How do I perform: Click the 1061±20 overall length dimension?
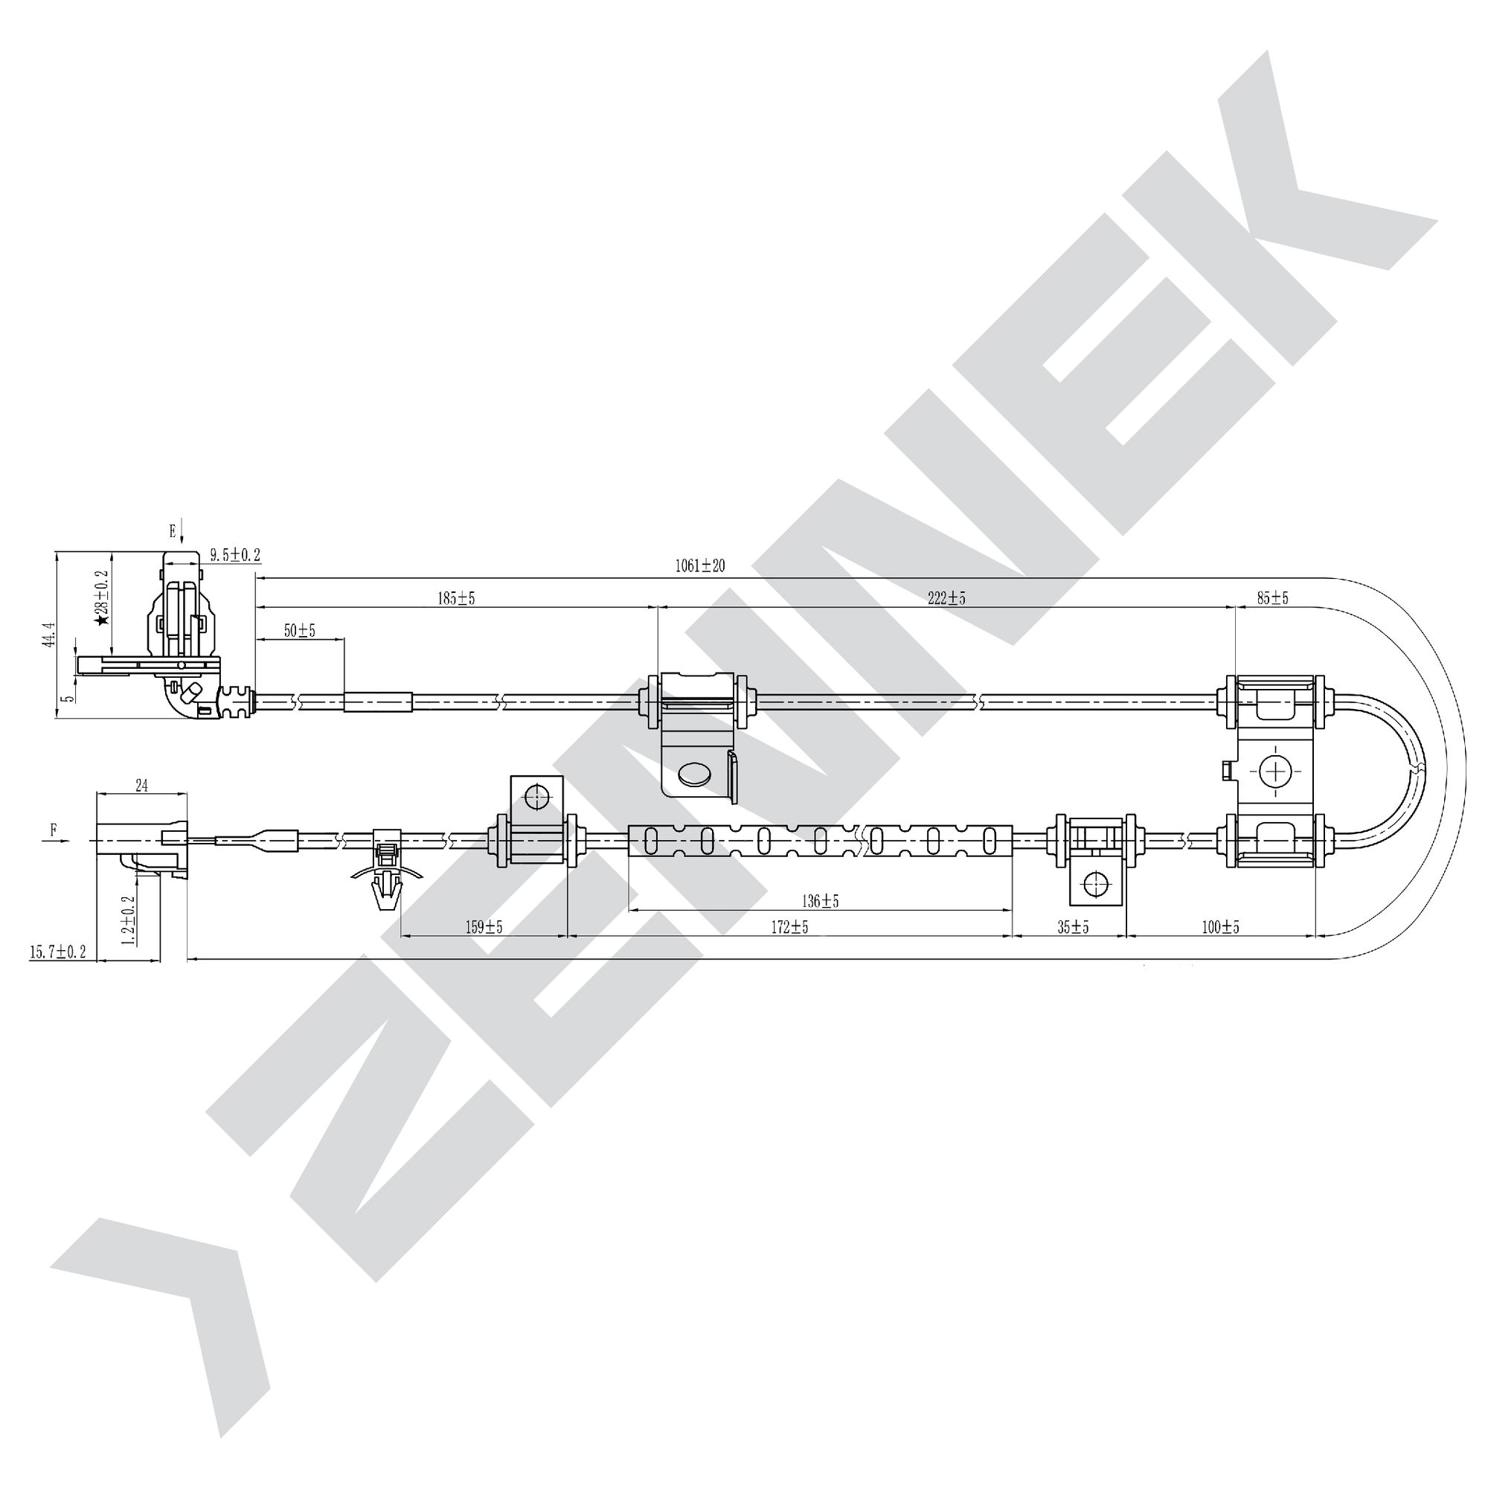[x=700, y=566]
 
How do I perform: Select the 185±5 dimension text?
[x=457, y=597]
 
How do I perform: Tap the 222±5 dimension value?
[x=946, y=597]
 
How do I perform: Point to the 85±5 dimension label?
[x=1272, y=597]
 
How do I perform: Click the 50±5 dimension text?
[x=300, y=630]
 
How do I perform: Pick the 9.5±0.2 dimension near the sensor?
[x=236, y=554]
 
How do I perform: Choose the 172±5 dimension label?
[x=789, y=927]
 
